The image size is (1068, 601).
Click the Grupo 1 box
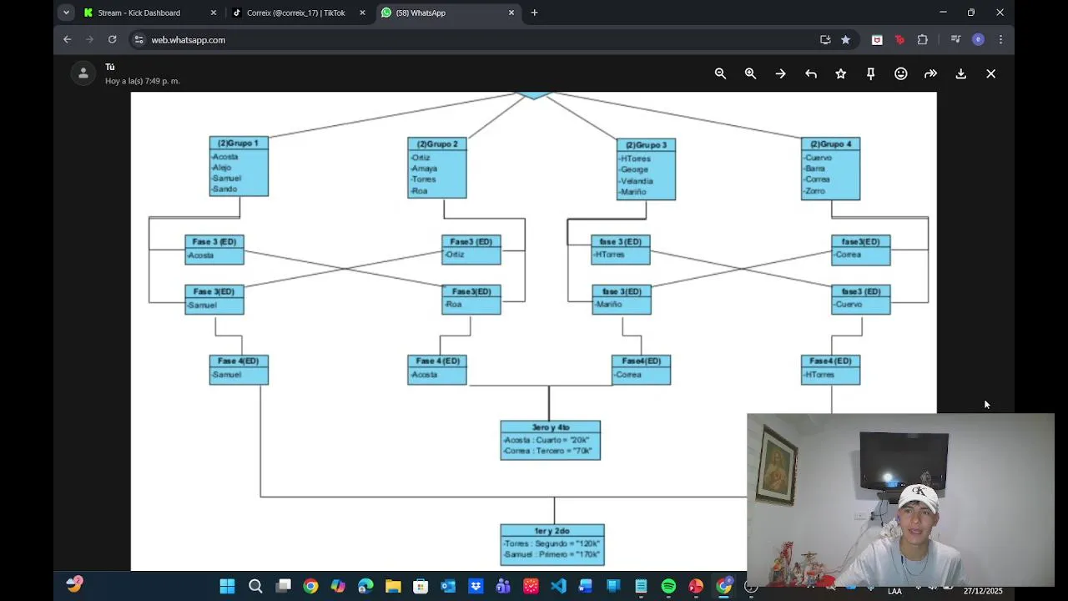(x=239, y=166)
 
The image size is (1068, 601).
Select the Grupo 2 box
(x=437, y=168)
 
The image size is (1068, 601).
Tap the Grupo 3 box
(x=646, y=169)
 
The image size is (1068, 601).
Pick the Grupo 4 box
(x=830, y=169)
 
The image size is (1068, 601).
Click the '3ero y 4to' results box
(x=550, y=440)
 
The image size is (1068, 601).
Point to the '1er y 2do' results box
(x=552, y=544)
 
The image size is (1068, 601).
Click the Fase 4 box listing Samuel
(x=239, y=369)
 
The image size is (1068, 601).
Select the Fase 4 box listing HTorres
(x=830, y=369)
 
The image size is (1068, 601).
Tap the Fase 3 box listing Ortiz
(x=471, y=249)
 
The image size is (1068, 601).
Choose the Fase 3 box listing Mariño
(x=622, y=299)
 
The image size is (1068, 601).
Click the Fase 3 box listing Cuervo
(x=860, y=299)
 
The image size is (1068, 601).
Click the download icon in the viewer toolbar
(x=960, y=73)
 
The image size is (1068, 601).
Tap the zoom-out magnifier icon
(x=720, y=73)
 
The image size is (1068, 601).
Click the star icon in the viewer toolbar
(x=840, y=73)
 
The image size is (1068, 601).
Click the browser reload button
(x=112, y=39)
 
